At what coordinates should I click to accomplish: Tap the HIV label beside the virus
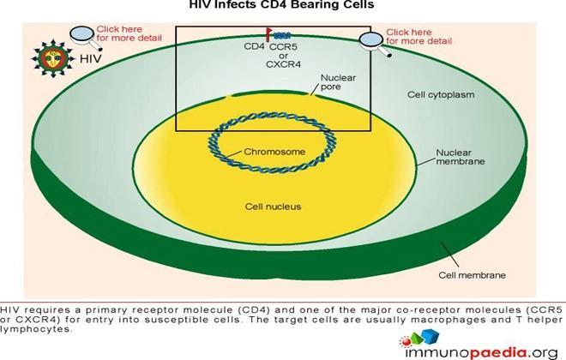point(90,58)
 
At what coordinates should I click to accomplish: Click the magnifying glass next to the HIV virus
point(86,38)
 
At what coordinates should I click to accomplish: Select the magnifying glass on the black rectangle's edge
point(376,45)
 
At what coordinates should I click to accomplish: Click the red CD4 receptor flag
point(269,35)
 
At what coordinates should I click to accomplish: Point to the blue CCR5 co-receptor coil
point(282,36)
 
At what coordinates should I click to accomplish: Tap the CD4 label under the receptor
point(254,46)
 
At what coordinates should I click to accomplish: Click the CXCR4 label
point(283,64)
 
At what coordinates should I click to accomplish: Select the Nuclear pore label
point(338,82)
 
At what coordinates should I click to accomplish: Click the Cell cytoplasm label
point(441,95)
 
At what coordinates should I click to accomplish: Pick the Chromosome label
point(274,152)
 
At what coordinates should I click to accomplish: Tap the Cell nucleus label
point(273,207)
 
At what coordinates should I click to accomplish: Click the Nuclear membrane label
point(461,157)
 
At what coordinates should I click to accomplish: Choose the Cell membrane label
point(473,275)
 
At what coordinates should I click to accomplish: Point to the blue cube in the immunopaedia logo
point(430,336)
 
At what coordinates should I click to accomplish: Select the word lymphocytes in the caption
point(36,330)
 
